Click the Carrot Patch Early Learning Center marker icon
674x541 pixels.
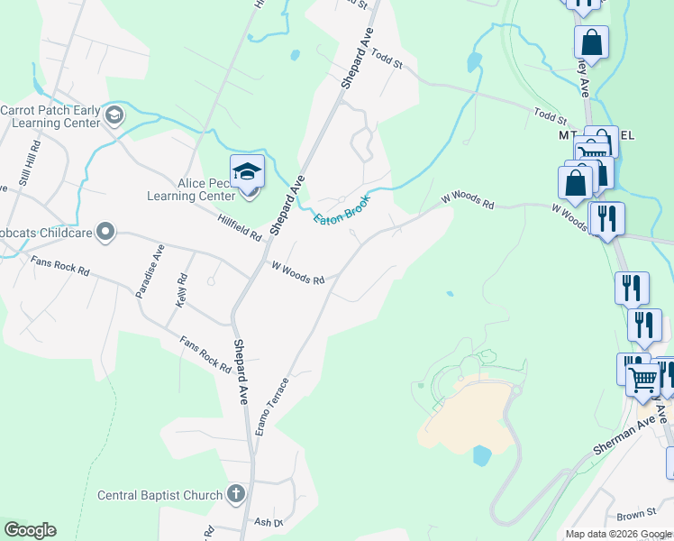click(x=114, y=115)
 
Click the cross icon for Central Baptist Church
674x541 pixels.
click(x=236, y=493)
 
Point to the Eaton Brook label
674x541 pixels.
click(x=342, y=206)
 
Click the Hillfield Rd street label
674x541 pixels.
click(x=239, y=226)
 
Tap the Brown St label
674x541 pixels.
click(x=636, y=515)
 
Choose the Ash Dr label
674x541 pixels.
click(x=269, y=522)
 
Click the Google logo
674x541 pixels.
click(x=29, y=530)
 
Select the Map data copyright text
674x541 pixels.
click(x=618, y=534)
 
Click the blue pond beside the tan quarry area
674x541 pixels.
click(x=481, y=455)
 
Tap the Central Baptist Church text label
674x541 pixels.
click(x=159, y=495)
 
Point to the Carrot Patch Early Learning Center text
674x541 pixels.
click(x=52, y=116)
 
